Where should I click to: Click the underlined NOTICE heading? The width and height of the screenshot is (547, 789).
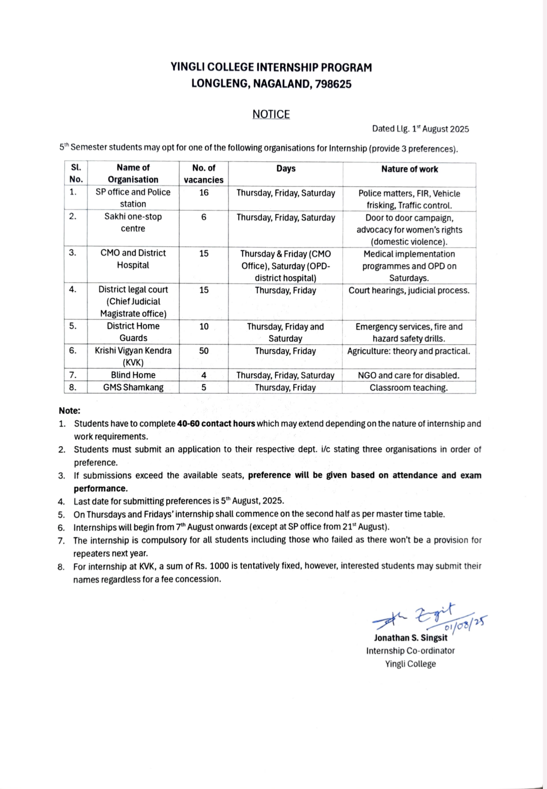tap(271, 115)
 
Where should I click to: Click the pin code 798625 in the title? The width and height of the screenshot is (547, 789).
tap(333, 84)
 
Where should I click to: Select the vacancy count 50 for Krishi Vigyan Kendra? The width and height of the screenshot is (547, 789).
tap(204, 351)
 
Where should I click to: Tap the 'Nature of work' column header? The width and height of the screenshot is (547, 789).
tap(409, 169)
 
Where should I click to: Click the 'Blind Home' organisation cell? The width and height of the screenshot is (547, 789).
tap(133, 375)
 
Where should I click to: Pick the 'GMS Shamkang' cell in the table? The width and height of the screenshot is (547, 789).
tap(133, 387)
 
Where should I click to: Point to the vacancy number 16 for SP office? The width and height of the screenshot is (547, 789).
tap(204, 193)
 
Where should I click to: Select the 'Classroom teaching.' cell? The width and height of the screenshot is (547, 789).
tap(408, 388)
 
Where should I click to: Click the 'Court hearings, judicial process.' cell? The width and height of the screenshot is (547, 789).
tap(409, 291)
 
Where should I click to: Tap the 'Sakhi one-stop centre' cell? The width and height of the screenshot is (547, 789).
tap(133, 223)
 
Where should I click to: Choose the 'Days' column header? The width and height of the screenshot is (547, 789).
tap(286, 169)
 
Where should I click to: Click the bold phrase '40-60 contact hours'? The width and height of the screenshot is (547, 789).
tap(216, 424)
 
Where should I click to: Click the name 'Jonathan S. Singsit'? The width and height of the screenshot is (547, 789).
tap(410, 638)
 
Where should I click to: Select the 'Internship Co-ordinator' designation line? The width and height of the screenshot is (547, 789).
tap(410, 651)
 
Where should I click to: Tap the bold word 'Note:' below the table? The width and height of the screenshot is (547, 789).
tap(69, 411)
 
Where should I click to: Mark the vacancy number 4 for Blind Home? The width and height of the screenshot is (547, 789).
tap(204, 375)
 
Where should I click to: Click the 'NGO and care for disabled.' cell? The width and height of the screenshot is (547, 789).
tap(408, 376)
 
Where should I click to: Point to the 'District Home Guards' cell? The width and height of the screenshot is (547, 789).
tap(133, 332)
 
